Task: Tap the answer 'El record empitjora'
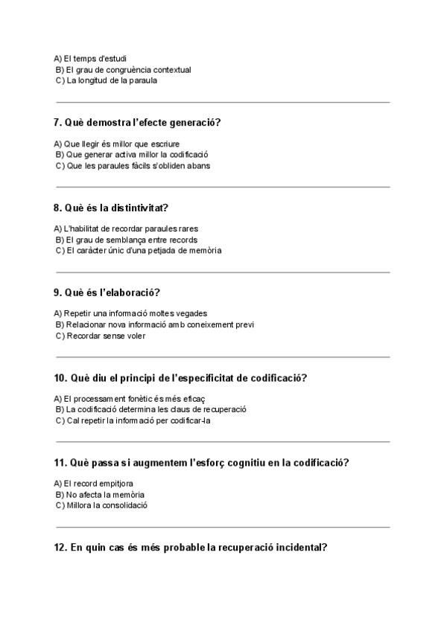94,484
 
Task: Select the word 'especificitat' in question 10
204,377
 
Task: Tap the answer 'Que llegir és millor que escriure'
117,144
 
